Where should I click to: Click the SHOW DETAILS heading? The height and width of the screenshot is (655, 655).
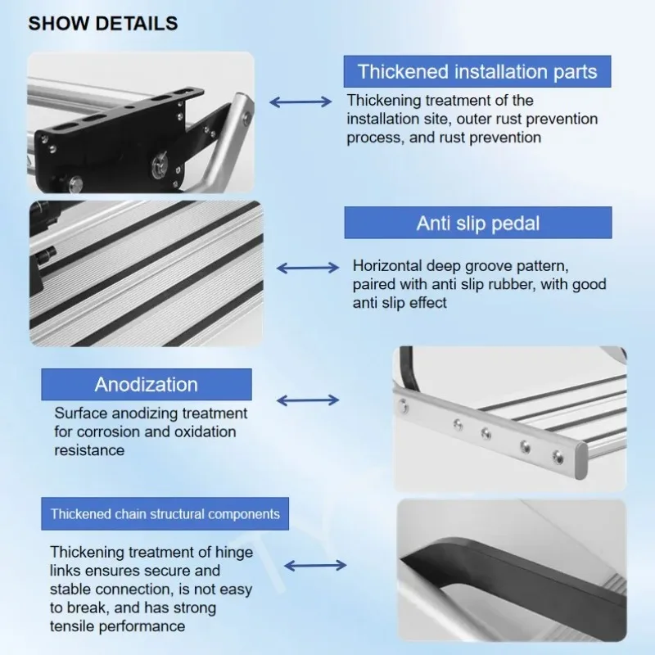102,23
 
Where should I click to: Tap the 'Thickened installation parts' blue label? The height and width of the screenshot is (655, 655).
477,71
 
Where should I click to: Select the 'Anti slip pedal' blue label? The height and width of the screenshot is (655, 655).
478,223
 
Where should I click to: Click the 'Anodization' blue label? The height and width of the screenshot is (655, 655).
146,384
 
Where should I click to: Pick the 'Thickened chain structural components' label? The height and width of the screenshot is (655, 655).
165,514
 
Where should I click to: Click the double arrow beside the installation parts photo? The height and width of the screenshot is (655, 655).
300,102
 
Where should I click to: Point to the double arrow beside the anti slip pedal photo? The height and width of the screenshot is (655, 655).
308,268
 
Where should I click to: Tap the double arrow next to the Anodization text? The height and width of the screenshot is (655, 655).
308,400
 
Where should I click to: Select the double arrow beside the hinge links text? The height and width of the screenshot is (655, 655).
315,566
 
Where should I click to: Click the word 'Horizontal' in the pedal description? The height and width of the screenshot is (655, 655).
389,266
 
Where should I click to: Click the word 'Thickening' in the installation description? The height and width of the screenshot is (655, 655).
385,101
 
